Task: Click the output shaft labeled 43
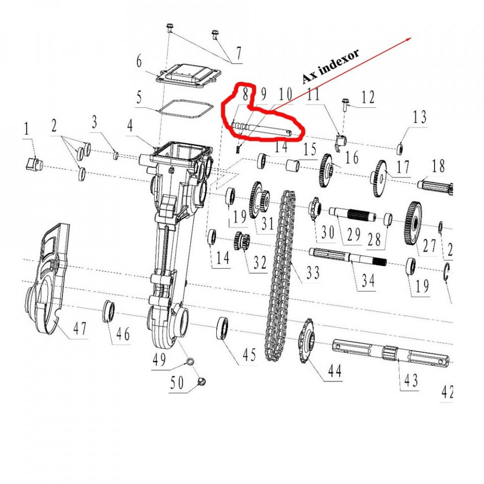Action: [391, 353]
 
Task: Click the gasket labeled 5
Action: [184, 107]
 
